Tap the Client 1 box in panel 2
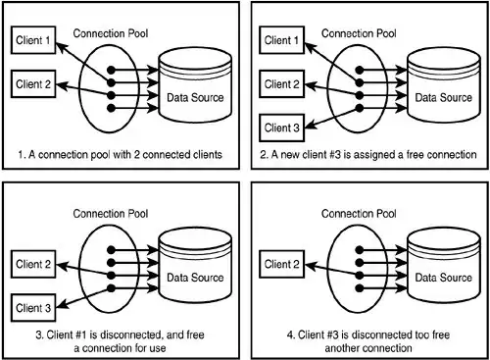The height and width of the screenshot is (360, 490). (284, 41)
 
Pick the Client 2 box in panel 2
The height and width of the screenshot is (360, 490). (284, 83)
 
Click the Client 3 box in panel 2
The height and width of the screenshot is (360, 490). (284, 127)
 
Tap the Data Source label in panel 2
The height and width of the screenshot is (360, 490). (443, 97)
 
